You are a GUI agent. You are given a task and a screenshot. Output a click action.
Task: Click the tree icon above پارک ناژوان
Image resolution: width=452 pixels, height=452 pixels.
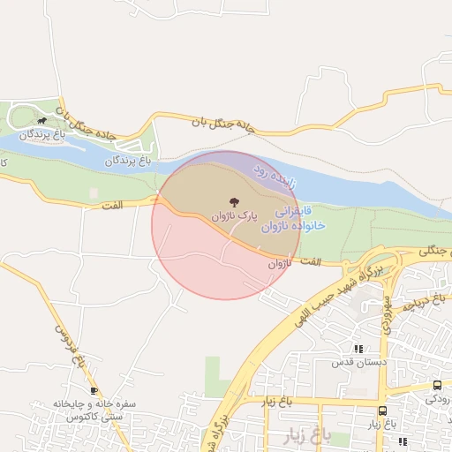(x=234, y=201)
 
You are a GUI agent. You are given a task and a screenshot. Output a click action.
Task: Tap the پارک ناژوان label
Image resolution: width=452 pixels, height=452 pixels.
(x=234, y=215)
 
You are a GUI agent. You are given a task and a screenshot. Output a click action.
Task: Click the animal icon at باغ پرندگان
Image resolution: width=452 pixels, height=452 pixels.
(x=41, y=121)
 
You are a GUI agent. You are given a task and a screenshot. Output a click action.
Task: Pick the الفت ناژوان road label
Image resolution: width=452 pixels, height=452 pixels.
(x=295, y=262)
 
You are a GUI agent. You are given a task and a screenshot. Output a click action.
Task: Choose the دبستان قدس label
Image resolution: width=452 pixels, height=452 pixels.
(x=353, y=362)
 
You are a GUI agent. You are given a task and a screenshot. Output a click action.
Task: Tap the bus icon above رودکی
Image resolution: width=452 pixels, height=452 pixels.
(x=437, y=385)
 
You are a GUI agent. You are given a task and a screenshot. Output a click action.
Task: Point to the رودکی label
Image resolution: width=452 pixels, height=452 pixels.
(x=439, y=398)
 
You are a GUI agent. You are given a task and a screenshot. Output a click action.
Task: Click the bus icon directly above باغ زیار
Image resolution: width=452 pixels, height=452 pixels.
(x=381, y=411)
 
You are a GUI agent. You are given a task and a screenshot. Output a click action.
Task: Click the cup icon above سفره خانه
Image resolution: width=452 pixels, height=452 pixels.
(x=94, y=390)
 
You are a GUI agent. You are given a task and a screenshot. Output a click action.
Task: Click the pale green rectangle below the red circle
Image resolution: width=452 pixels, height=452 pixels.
(x=212, y=375)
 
